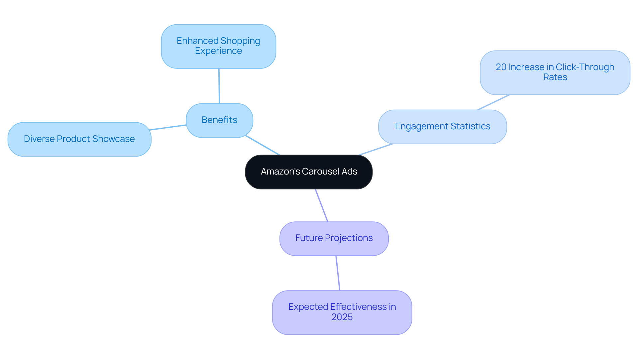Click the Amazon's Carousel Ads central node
(x=309, y=172)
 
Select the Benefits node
(x=219, y=120)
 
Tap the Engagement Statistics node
(x=442, y=127)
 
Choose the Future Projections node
(x=334, y=238)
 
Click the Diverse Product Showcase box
(x=79, y=139)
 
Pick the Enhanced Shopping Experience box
(x=218, y=46)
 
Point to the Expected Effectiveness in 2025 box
(x=342, y=312)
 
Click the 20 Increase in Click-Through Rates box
(x=555, y=72)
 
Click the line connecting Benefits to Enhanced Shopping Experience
(x=219, y=86)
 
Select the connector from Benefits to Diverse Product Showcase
(x=168, y=127)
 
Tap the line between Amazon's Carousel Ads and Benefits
(x=263, y=145)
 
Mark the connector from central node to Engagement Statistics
(x=376, y=149)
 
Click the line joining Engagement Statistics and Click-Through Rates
(x=493, y=102)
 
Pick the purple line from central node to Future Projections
(x=322, y=205)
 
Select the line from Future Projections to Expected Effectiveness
(x=338, y=273)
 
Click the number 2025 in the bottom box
(x=342, y=317)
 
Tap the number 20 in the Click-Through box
(x=501, y=67)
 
